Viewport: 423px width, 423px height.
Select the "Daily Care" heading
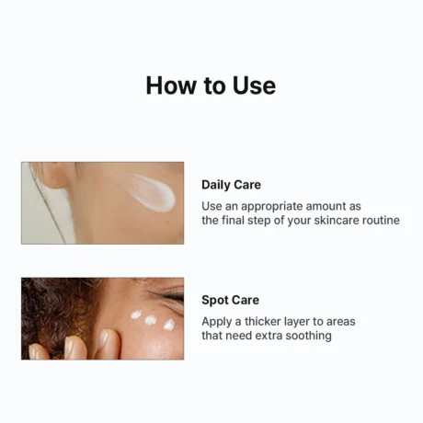click(x=231, y=185)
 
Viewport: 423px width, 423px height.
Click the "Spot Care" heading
click(x=230, y=300)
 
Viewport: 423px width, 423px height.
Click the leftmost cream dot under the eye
click(x=135, y=315)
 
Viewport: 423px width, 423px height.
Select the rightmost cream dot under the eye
click(x=169, y=324)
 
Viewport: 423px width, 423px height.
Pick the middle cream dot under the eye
click(x=152, y=321)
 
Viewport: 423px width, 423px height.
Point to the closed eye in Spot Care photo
click(x=170, y=296)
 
